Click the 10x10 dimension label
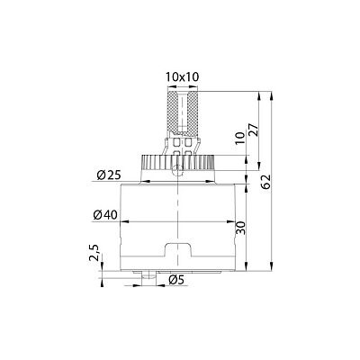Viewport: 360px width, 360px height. click(182, 76)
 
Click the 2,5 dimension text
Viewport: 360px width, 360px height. click(94, 256)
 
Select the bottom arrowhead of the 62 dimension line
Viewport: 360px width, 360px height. click(273, 268)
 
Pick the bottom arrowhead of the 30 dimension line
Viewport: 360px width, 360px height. click(246, 267)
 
